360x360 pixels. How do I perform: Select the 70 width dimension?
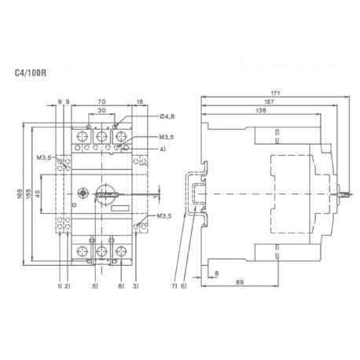101,101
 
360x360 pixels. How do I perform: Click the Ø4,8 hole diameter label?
166,116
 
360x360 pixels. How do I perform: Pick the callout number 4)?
162,149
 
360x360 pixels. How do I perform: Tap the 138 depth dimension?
259,111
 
